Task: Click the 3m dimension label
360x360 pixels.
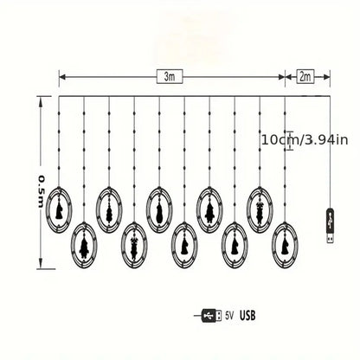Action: (x=170, y=77)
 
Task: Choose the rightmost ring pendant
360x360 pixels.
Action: (x=285, y=245)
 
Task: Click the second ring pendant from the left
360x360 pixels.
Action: (x=85, y=245)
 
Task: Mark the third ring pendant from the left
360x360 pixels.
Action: (x=110, y=209)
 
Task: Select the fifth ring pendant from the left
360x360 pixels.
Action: (x=160, y=209)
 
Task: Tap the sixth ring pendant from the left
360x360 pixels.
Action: (x=184, y=245)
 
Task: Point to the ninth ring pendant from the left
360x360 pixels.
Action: (x=260, y=209)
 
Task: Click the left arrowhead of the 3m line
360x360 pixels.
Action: (x=61, y=77)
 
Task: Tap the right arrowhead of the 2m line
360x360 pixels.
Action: (x=329, y=77)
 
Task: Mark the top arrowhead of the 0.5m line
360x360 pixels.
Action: (x=41, y=99)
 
